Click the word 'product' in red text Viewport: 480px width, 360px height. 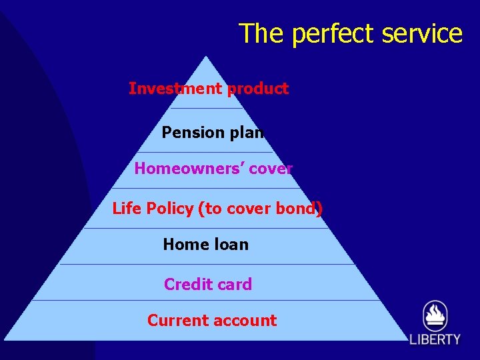pyautogui.click(x=257, y=89)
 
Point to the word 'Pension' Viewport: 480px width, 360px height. pyautogui.click(x=193, y=133)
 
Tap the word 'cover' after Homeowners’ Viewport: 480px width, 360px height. pyautogui.click(x=271, y=169)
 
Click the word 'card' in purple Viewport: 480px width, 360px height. pyautogui.click(x=234, y=285)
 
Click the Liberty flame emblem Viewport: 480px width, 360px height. pyautogui.click(x=435, y=316)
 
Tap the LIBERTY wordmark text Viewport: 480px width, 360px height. pyautogui.click(x=435, y=339)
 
